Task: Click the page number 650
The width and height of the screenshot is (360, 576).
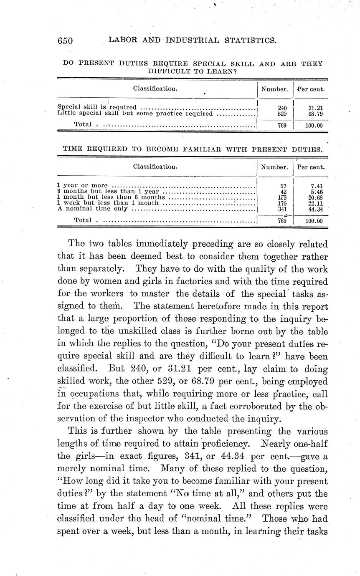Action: click(x=66, y=40)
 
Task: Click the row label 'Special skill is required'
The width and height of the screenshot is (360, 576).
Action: click(x=96, y=107)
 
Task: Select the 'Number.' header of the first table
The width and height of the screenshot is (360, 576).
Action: click(x=275, y=89)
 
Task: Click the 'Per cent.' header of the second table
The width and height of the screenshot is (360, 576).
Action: click(x=311, y=167)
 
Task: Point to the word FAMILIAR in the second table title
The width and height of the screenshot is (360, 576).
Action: click(x=206, y=149)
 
